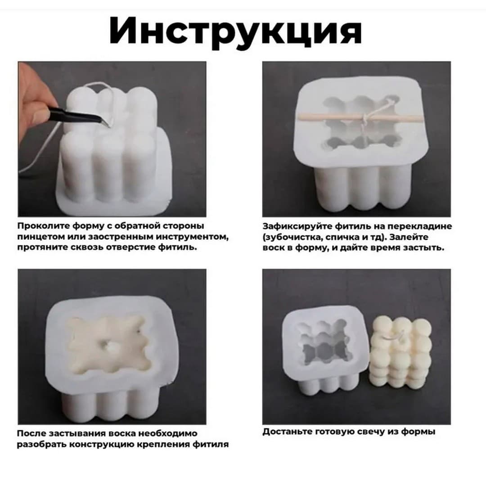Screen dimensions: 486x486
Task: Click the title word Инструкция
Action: (235, 30)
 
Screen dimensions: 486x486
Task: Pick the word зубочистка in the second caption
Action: (292, 237)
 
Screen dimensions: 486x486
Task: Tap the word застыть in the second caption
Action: (425, 247)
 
